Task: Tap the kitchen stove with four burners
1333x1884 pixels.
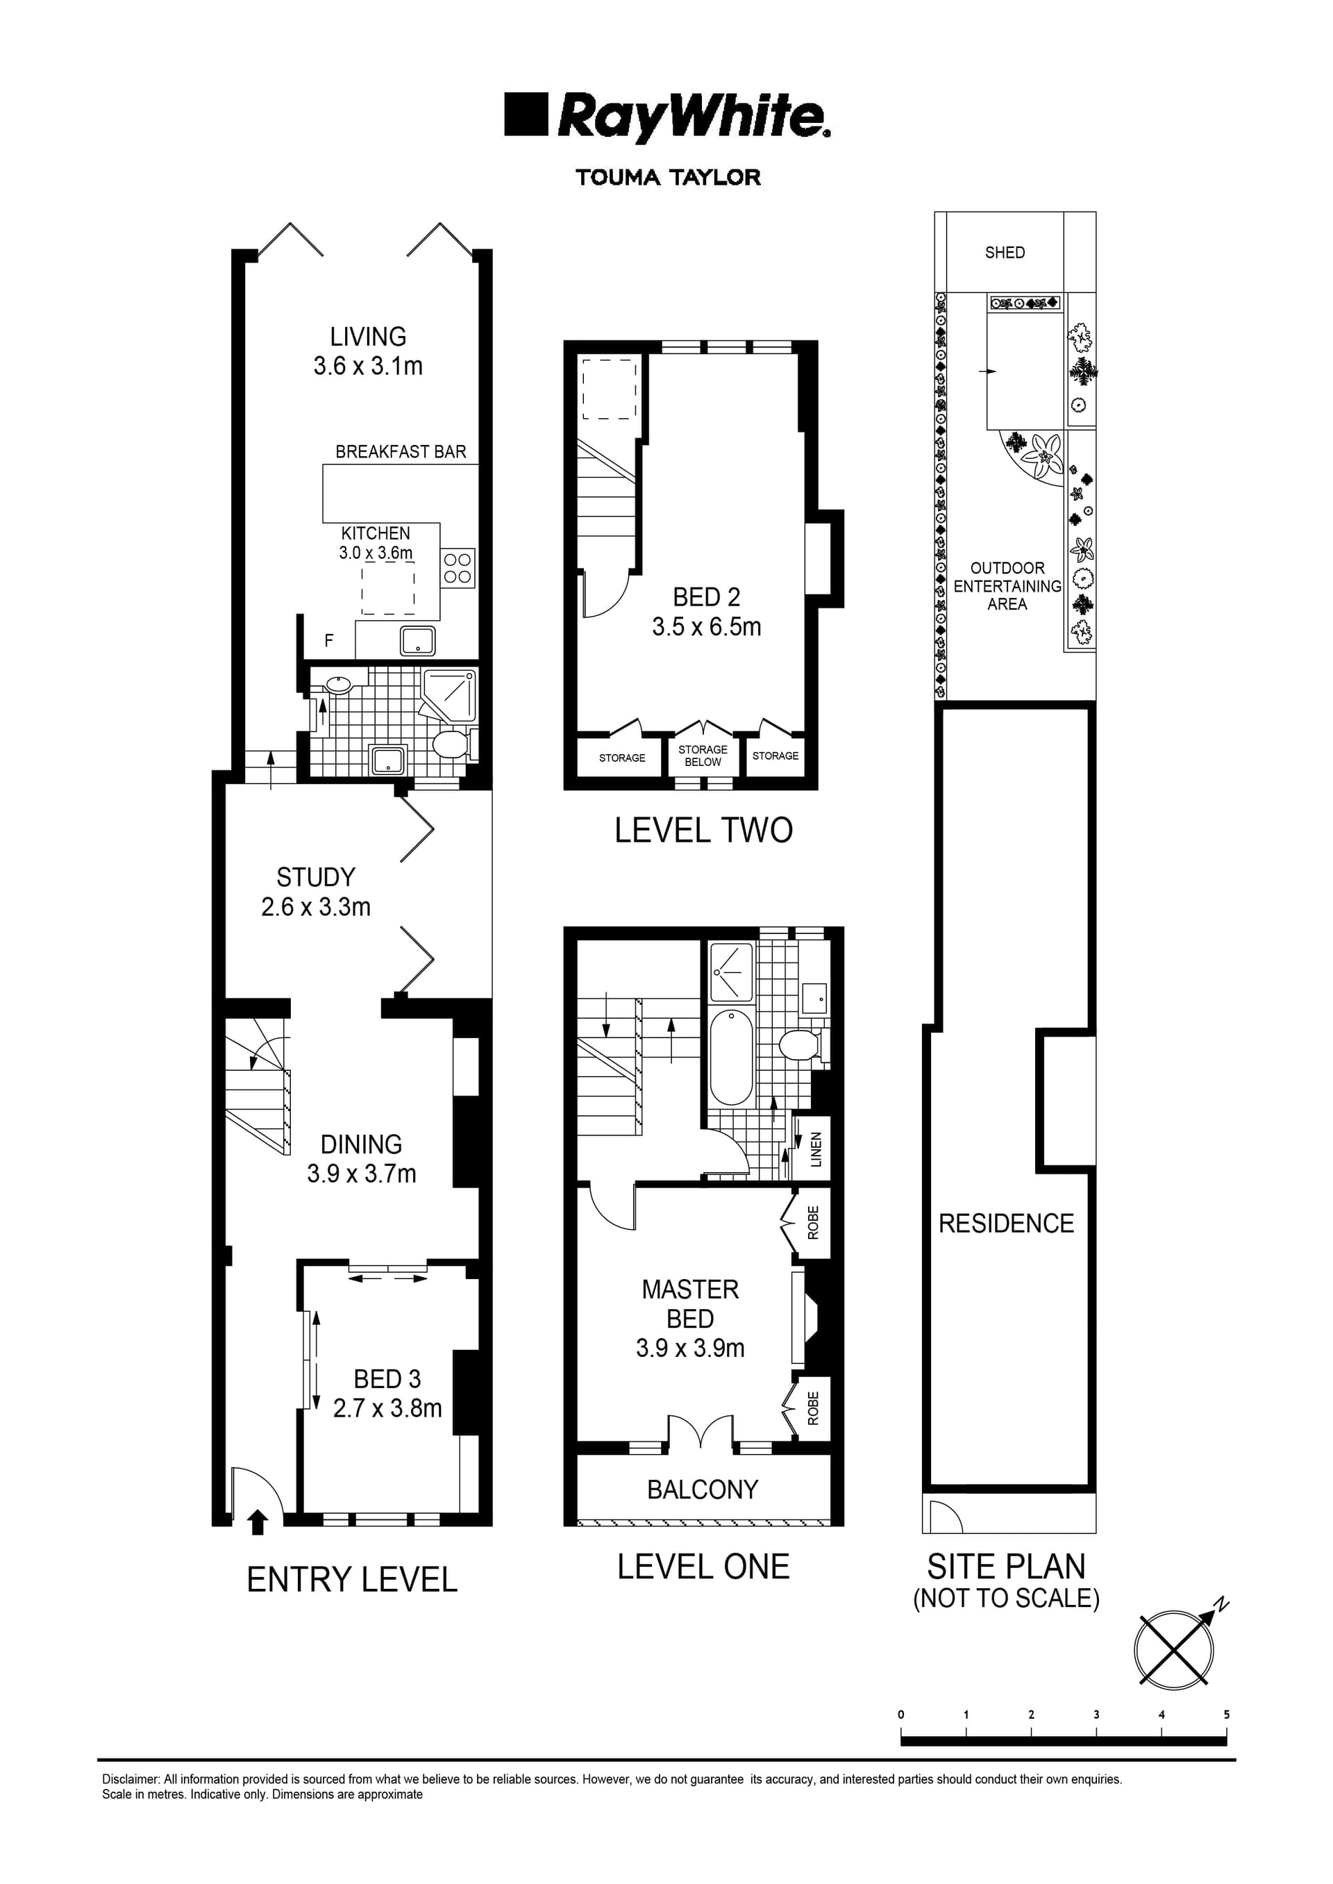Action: [458, 568]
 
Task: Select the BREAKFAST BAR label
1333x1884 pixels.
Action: [401, 451]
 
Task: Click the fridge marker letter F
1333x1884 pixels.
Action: [329, 640]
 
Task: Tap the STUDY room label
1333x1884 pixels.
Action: [315, 877]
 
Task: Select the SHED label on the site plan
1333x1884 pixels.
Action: [1005, 252]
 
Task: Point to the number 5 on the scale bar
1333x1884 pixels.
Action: [1226, 1714]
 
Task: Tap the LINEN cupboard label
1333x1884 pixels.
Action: [815, 1149]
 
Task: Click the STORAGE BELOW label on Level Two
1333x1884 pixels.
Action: [703, 756]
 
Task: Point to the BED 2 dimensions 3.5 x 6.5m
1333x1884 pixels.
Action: [706, 626]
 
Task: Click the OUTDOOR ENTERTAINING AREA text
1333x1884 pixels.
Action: [1007, 585]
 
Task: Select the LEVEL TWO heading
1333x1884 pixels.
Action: [703, 830]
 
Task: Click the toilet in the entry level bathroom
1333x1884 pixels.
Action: [449, 744]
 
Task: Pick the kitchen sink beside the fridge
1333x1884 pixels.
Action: [418, 640]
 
